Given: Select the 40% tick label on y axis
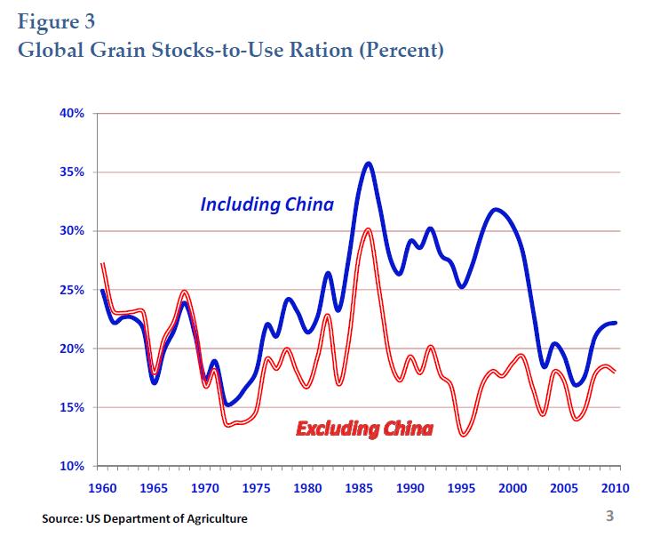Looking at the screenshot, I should (x=72, y=114).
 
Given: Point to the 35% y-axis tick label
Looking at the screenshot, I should (x=72, y=172).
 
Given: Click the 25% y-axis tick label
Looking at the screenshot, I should (x=72, y=290).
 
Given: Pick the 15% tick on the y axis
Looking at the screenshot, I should (x=72, y=407).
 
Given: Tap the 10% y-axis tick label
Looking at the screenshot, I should (x=72, y=466).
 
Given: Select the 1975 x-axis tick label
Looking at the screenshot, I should (x=257, y=488).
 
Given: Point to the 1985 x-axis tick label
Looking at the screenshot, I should (x=359, y=488).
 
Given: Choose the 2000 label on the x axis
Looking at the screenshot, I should (x=513, y=488).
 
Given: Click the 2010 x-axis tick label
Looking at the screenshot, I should (x=616, y=488).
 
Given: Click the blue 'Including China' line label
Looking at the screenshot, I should (x=266, y=204).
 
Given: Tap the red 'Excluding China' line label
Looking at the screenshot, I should (x=364, y=430).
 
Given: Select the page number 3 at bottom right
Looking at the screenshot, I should (x=609, y=517).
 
